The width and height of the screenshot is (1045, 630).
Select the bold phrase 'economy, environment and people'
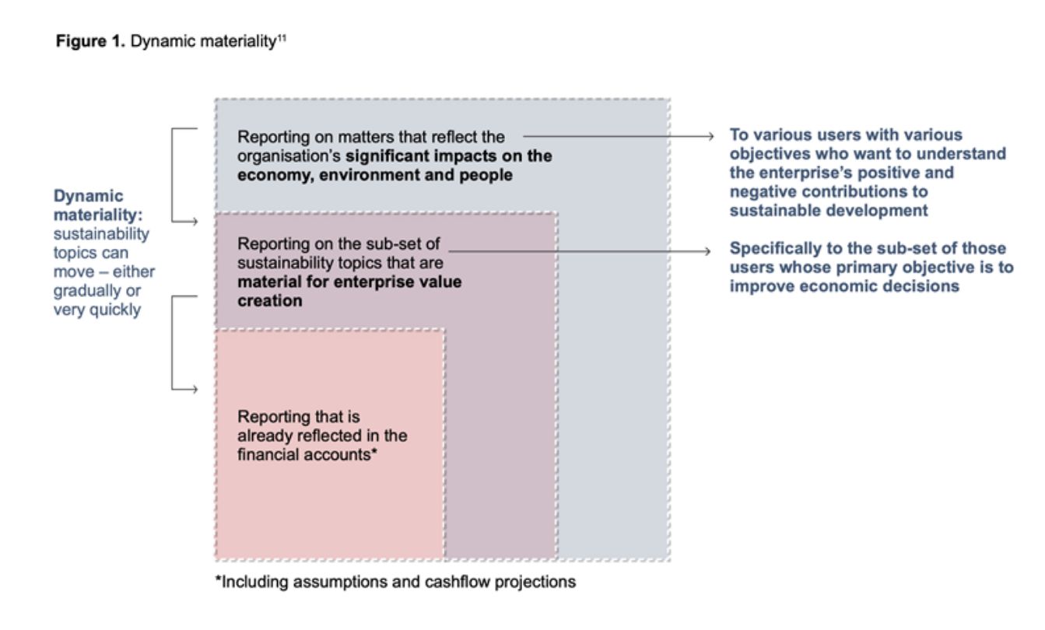coord(375,174)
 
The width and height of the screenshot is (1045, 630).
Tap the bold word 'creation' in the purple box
coord(270,299)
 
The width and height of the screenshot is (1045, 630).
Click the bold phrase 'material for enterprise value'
coord(349,281)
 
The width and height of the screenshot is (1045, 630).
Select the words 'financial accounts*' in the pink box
coord(308,454)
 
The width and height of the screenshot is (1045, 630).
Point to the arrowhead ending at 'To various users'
coord(709,136)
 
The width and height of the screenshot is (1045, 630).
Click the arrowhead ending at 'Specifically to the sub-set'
coord(709,250)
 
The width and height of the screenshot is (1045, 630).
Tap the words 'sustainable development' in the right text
coord(829,210)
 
